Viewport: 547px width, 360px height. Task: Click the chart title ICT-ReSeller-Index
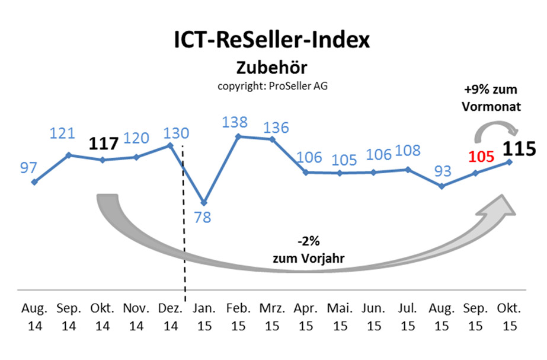click(x=272, y=40)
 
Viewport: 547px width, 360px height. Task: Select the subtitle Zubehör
click(x=272, y=67)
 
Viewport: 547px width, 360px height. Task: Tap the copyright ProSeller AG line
click(x=273, y=85)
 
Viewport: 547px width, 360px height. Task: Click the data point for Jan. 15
click(x=204, y=203)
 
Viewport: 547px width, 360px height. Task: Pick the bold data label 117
click(x=104, y=143)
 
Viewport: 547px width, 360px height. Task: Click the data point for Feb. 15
click(x=238, y=136)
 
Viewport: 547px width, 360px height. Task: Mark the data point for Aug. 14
click(x=34, y=182)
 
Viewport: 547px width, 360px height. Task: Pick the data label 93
click(x=442, y=171)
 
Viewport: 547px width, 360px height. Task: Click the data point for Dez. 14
click(x=170, y=145)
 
